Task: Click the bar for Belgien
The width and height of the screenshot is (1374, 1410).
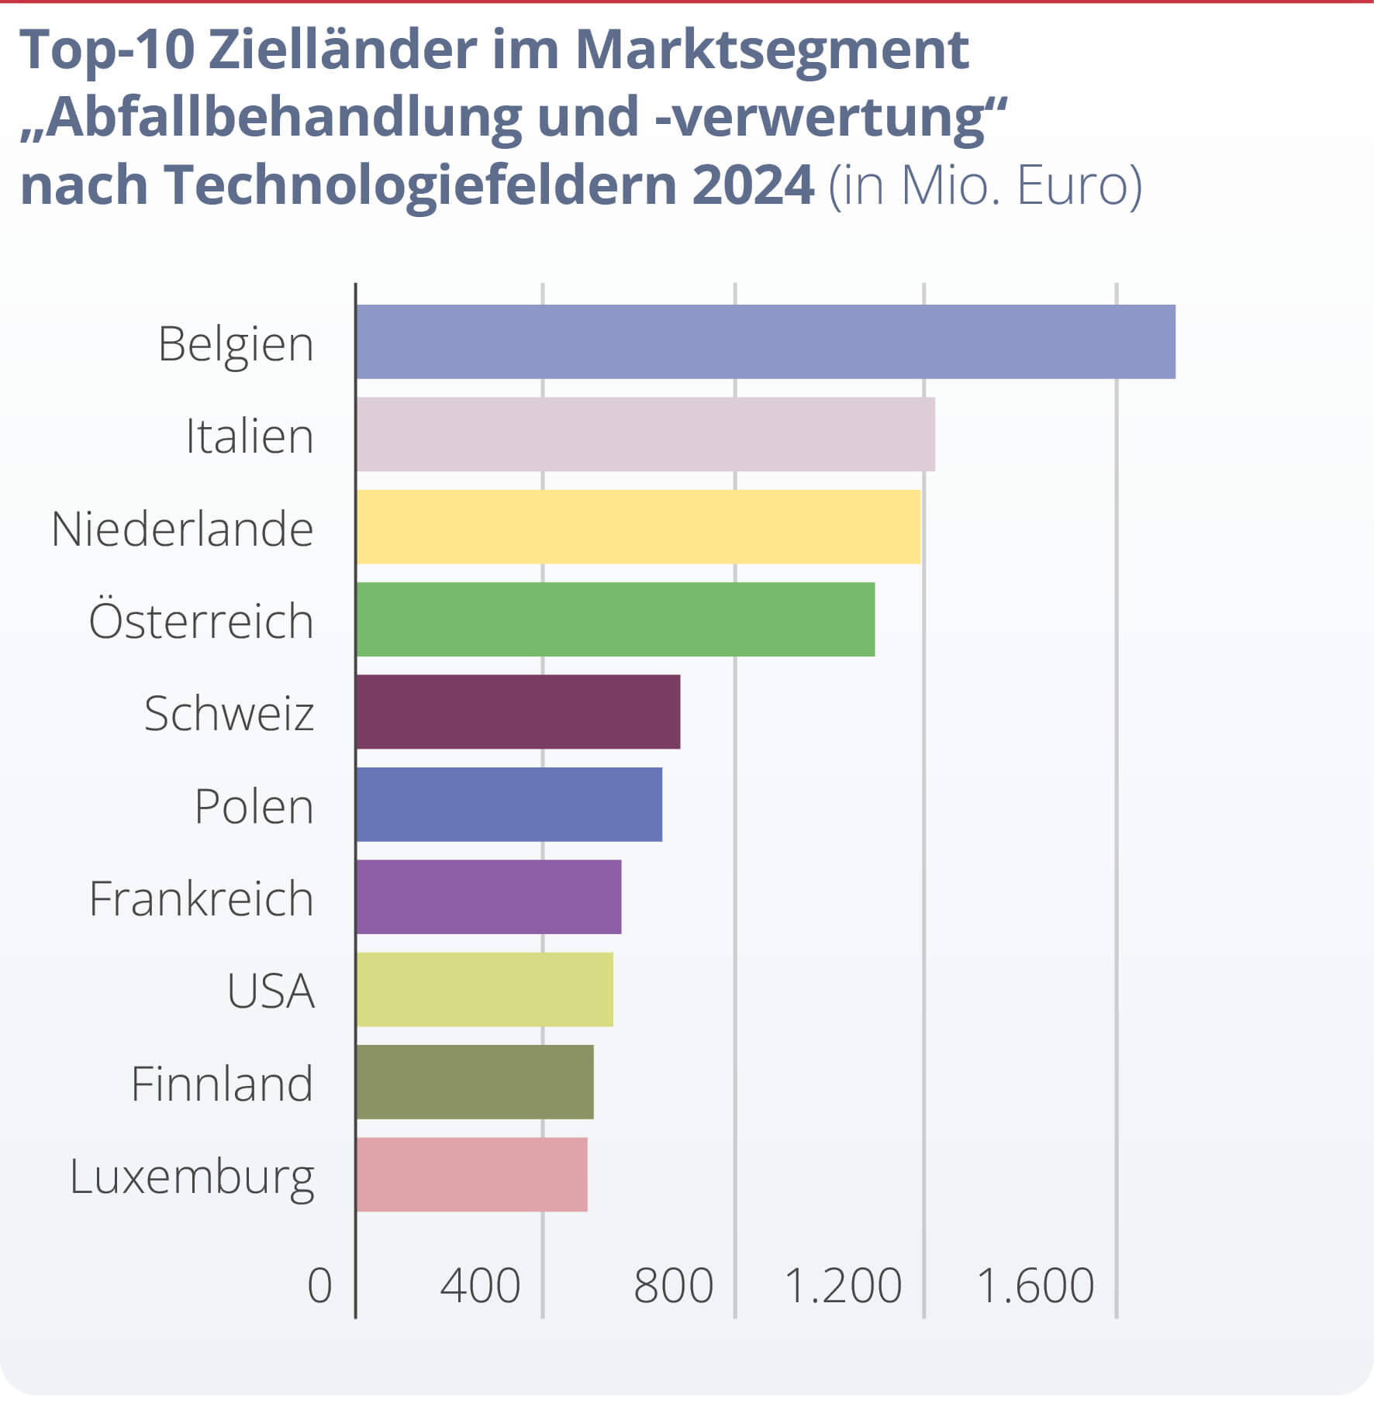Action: (765, 342)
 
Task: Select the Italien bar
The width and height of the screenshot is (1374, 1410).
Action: (645, 434)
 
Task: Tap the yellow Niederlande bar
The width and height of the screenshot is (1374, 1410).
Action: (638, 526)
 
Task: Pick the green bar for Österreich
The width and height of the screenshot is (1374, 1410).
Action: (615, 619)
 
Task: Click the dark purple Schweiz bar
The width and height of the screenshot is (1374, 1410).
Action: (518, 712)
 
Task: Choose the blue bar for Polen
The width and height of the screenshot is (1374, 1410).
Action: (509, 804)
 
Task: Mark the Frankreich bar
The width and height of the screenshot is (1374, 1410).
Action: (488, 897)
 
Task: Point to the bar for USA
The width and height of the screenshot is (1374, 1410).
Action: (485, 989)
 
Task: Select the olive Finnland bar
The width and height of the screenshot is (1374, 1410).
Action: (475, 1081)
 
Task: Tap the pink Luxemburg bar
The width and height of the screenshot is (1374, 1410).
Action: (471, 1174)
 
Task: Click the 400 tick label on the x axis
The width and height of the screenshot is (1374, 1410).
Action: (480, 1286)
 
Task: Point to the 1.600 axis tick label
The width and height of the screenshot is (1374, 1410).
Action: (1035, 1286)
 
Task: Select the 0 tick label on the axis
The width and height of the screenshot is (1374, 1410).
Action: (319, 1286)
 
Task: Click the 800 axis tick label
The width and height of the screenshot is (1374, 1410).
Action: (673, 1286)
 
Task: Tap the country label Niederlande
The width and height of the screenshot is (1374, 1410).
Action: (182, 529)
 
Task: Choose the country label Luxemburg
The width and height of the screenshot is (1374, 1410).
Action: (192, 1177)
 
